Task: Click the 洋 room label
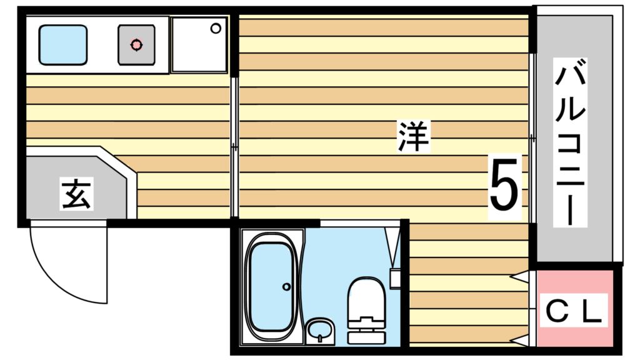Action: point(413,137)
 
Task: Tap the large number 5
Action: point(504,185)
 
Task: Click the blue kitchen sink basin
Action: point(62,45)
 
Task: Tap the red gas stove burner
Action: point(136,45)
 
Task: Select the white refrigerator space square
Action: point(199,45)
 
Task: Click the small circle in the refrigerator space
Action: point(216,28)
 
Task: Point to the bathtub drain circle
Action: point(286,287)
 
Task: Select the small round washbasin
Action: point(320,329)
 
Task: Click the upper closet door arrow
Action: point(520,275)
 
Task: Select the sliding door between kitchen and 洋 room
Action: point(234,147)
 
